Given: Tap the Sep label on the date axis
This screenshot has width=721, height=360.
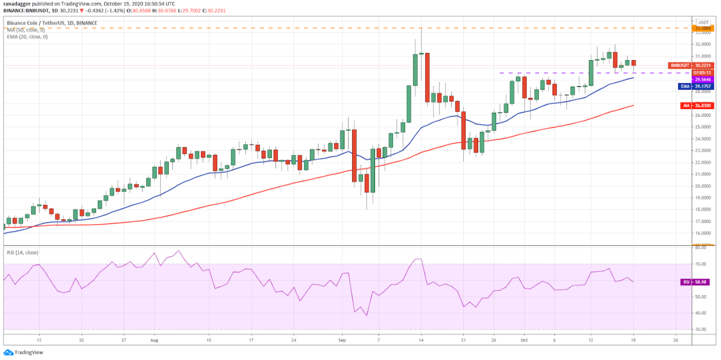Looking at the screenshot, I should pyautogui.click(x=342, y=339).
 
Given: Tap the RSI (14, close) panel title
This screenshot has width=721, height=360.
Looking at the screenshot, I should pyautogui.click(x=22, y=252).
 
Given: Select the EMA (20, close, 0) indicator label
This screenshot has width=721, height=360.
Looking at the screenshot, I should pyautogui.click(x=28, y=36).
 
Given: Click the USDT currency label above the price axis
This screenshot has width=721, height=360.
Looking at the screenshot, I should pyautogui.click(x=704, y=22).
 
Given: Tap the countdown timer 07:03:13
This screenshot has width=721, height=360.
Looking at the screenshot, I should pyautogui.click(x=703, y=72).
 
